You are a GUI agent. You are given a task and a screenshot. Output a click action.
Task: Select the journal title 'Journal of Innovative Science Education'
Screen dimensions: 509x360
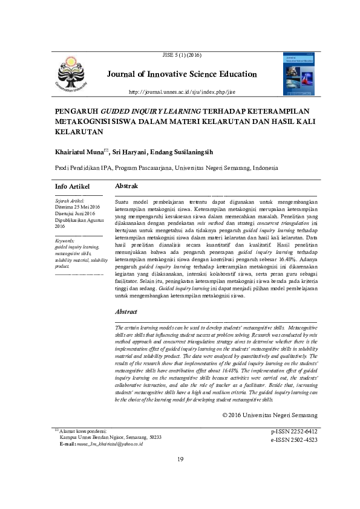(x=182, y=74)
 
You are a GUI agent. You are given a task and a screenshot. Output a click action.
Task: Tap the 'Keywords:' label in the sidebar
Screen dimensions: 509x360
(x=65, y=241)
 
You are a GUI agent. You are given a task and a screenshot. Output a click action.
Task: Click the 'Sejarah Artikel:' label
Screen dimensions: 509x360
(x=70, y=199)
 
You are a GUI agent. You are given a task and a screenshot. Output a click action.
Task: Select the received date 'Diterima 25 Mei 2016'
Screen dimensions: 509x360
(x=77, y=206)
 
